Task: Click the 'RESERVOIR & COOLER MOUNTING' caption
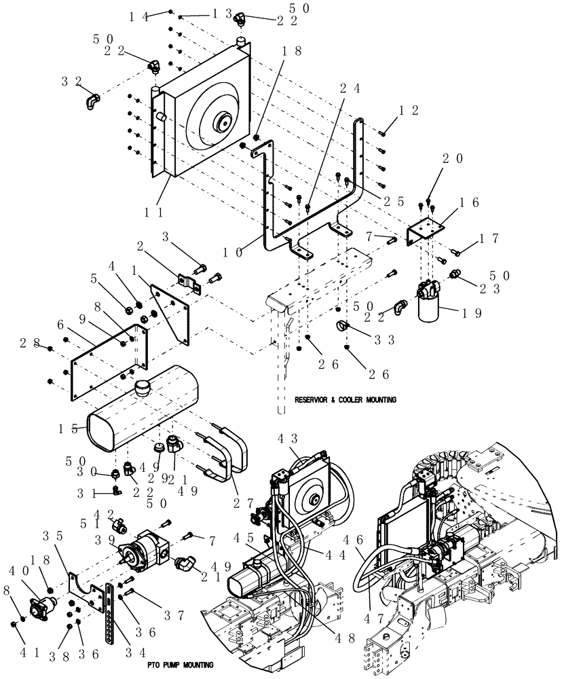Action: coord(345,400)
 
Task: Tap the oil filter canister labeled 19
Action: coord(428,312)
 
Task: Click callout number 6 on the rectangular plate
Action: coord(59,326)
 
